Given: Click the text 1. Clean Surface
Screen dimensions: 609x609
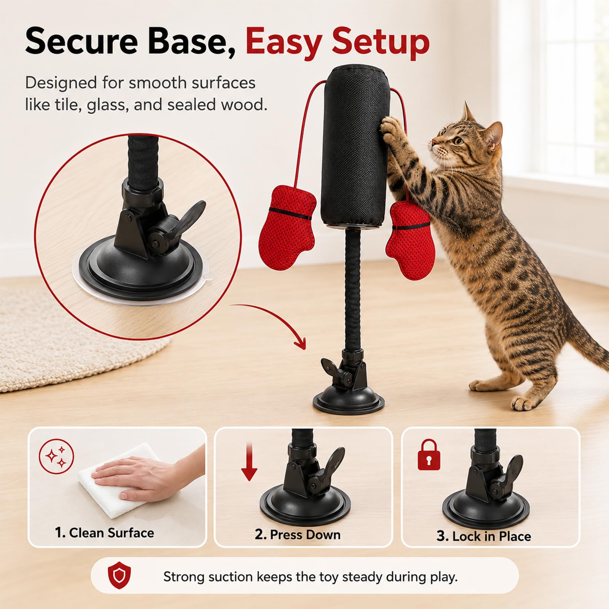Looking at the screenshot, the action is (x=104, y=533).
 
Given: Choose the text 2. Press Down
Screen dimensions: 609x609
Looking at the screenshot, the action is (x=298, y=534).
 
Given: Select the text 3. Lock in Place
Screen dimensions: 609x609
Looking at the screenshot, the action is (x=483, y=536).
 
